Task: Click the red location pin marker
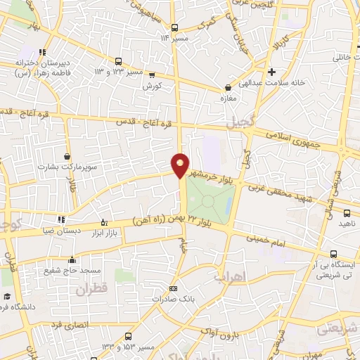coord(181,165)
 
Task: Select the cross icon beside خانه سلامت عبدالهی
coord(271,72)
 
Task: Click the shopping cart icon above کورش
coord(152,76)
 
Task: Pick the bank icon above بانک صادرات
coord(174,288)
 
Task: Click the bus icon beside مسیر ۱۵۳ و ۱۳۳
coord(127,336)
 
